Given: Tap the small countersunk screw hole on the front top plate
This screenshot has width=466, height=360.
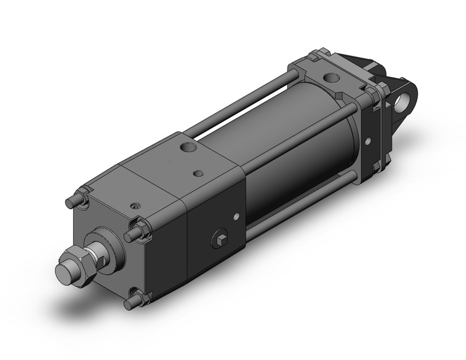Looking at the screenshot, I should pos(134,207).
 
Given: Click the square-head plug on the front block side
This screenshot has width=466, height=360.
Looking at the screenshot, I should pos(220,239).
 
